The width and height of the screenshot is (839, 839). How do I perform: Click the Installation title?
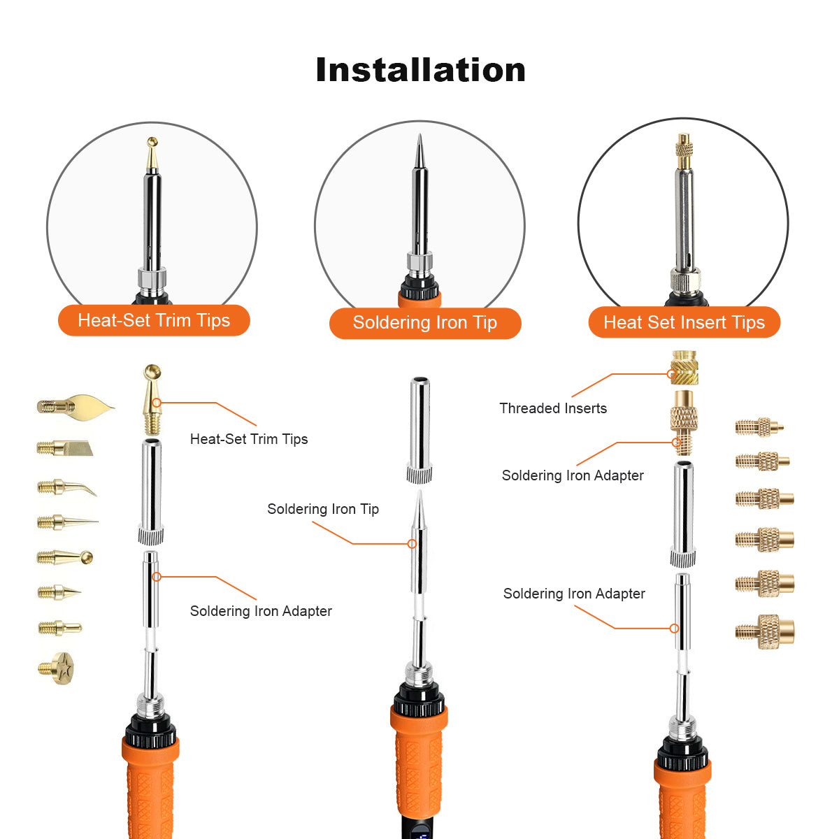click(x=420, y=70)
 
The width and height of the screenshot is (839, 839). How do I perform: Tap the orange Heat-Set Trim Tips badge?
click(x=154, y=320)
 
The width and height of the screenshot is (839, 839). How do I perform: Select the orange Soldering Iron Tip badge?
click(x=425, y=323)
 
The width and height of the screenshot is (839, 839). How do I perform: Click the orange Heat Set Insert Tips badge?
click(x=684, y=322)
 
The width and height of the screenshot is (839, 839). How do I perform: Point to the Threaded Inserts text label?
click(x=553, y=408)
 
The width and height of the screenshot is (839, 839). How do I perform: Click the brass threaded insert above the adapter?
click(x=684, y=368)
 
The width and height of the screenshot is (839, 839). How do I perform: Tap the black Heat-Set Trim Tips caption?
click(x=249, y=439)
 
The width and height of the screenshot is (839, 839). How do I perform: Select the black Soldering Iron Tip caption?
click(x=323, y=509)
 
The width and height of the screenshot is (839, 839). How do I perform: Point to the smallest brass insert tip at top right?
click(x=759, y=426)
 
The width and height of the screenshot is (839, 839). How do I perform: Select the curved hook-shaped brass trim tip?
click(x=66, y=487)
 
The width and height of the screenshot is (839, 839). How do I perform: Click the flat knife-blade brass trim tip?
click(x=64, y=447)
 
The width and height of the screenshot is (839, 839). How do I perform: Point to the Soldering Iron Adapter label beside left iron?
click(x=261, y=611)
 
